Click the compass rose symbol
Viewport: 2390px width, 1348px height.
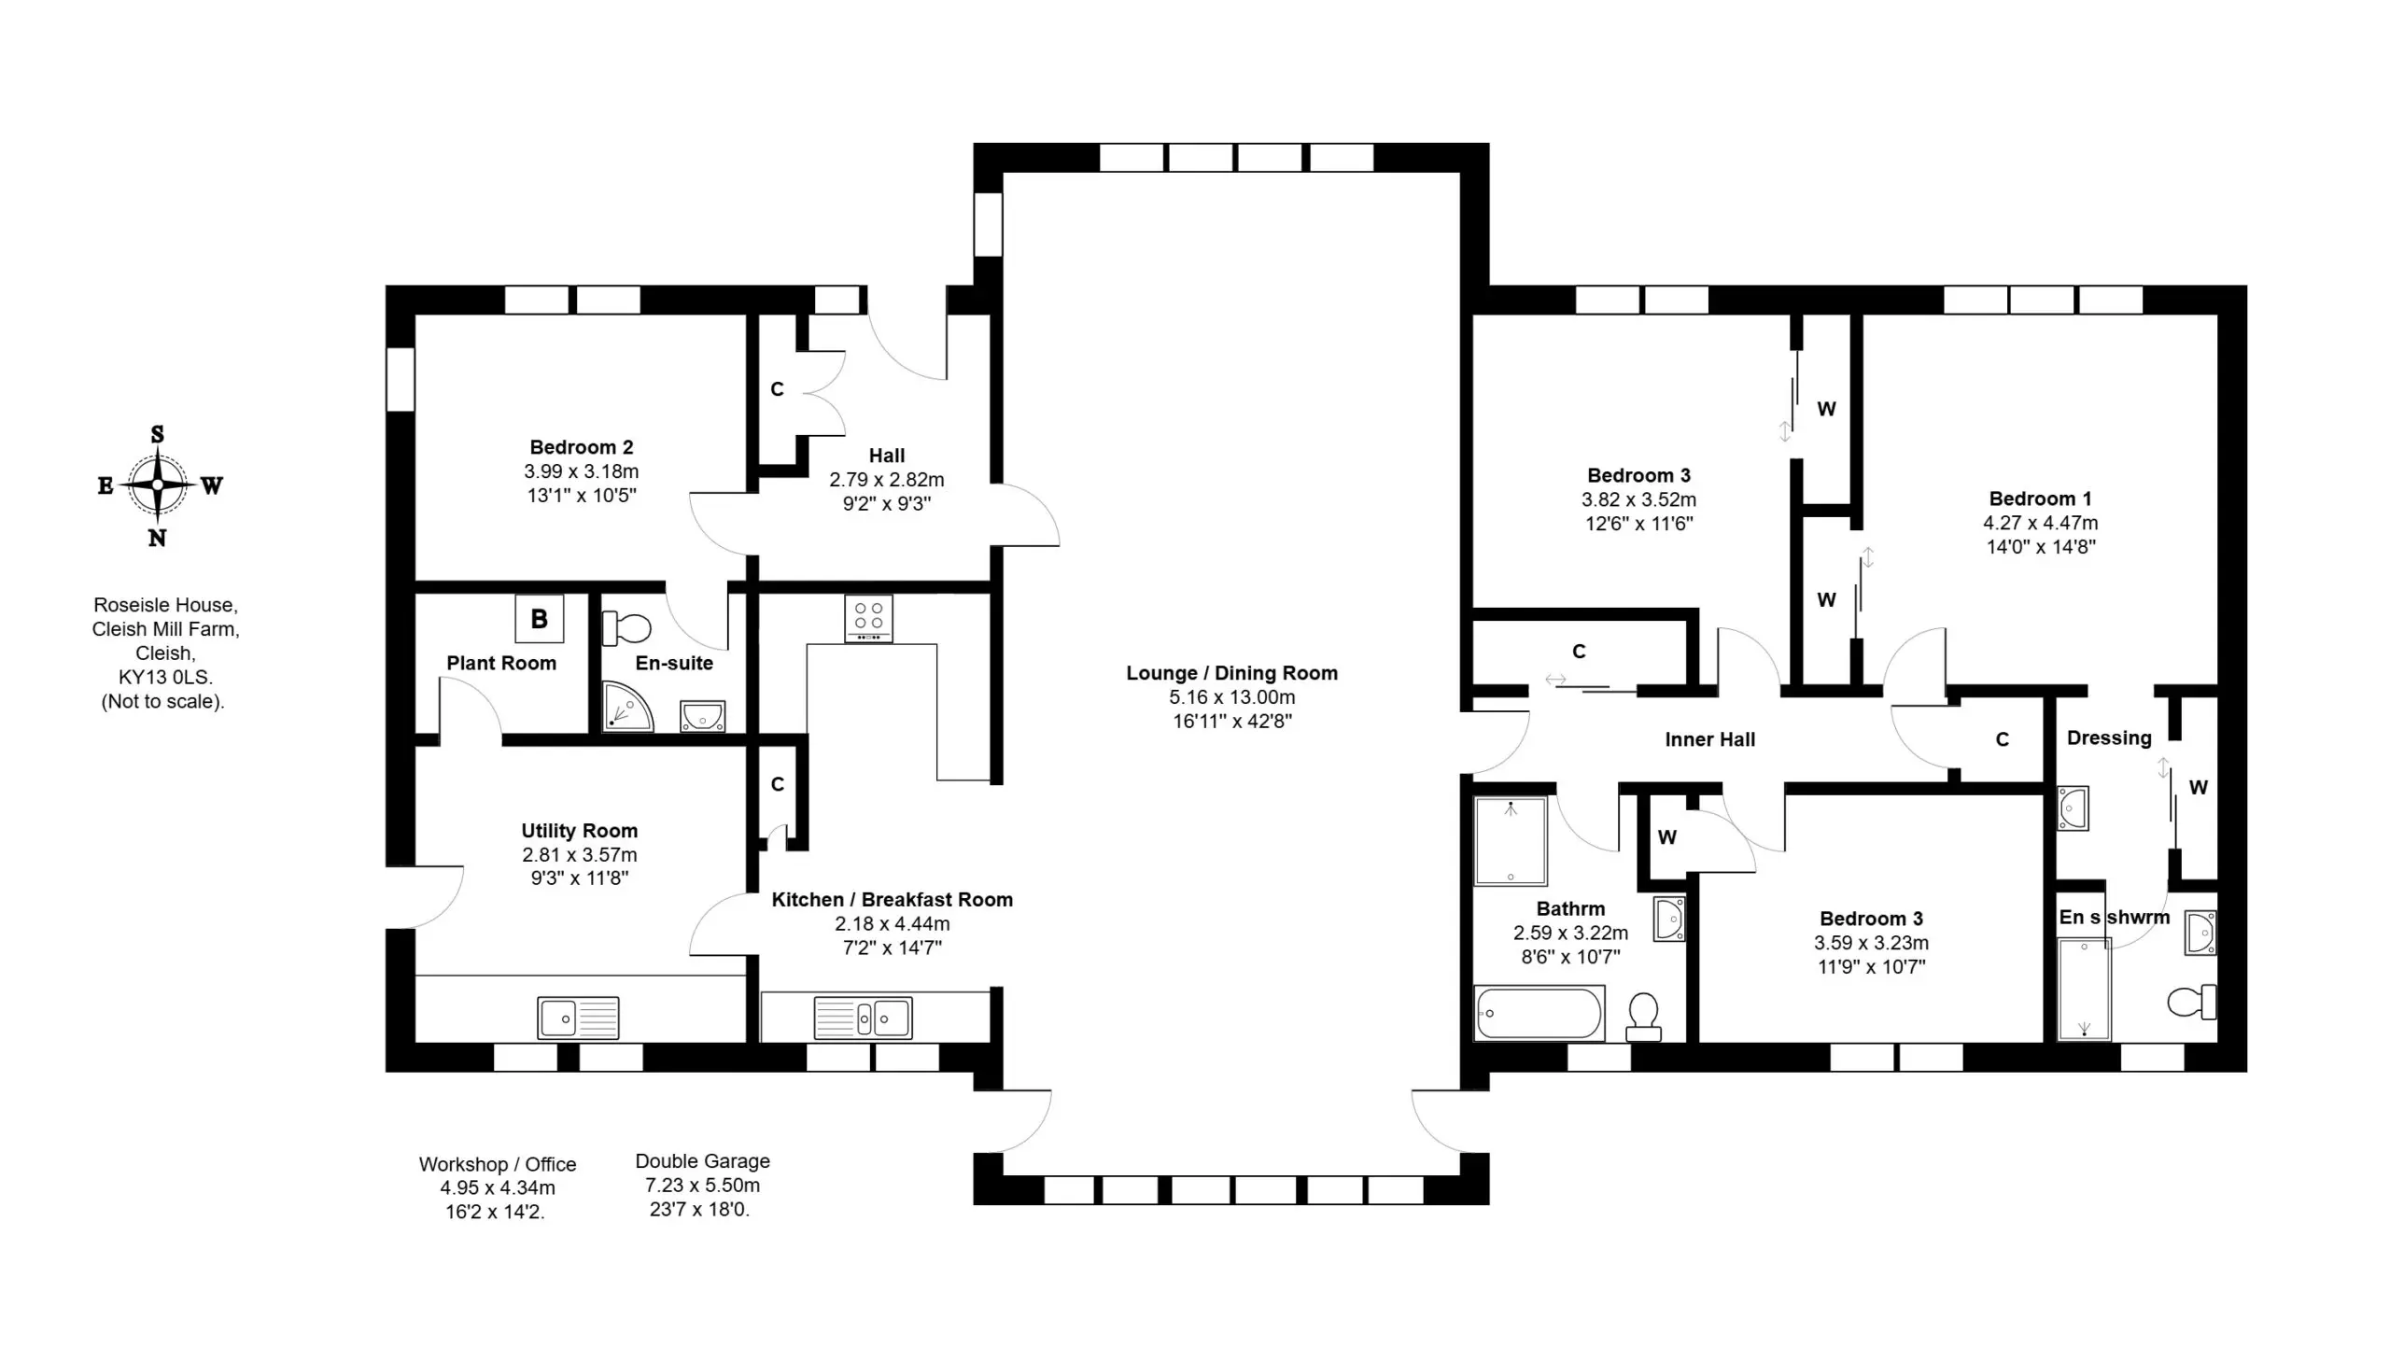158,485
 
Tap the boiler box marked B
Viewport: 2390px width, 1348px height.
540,618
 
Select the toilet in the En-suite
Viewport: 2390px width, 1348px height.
626,628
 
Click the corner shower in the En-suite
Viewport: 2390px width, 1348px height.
627,707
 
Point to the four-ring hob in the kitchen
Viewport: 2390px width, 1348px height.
868,618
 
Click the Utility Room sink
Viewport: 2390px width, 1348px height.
578,1018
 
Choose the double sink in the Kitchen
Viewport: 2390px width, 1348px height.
863,1018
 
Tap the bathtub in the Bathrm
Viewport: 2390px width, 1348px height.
1539,1013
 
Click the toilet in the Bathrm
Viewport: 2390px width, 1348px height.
1643,1017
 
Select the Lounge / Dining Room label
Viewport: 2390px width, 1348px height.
1231,673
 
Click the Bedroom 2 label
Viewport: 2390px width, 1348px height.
582,447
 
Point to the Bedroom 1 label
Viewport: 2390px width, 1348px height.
2040,498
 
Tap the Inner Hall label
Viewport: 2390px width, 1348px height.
1709,739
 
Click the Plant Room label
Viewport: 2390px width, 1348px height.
501,663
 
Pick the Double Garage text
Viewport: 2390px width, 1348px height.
702,1161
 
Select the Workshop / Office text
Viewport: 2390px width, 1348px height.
498,1164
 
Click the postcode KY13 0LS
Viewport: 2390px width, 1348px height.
165,677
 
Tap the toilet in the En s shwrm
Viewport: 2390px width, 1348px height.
2191,1002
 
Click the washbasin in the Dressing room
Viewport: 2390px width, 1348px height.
2073,807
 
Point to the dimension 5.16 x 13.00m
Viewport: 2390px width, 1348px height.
1231,697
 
